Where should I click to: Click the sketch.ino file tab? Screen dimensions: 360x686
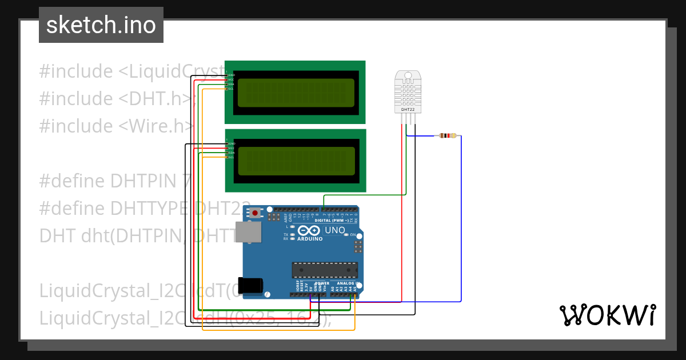point(101,25)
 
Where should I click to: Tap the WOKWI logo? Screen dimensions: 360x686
point(607,315)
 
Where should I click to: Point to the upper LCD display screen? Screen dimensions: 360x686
point(295,92)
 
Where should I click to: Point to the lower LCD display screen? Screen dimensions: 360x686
point(295,161)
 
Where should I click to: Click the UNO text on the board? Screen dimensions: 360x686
point(335,230)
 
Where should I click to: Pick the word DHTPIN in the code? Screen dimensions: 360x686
point(145,181)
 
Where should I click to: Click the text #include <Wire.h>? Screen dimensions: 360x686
point(117,126)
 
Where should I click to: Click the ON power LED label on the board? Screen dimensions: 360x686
point(353,235)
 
